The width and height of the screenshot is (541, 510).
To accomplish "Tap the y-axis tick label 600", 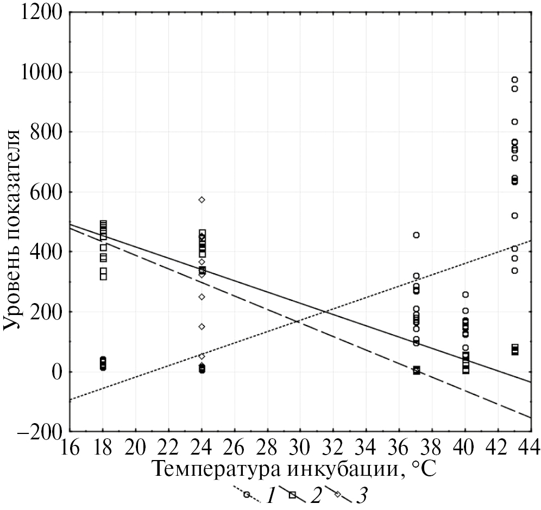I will (46, 192).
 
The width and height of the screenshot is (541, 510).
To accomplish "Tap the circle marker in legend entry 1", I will (247, 495).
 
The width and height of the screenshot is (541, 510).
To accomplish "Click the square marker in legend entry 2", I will (292, 495).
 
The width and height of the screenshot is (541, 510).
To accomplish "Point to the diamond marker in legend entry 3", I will (337, 495).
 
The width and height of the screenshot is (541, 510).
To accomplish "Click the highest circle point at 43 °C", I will (514, 80).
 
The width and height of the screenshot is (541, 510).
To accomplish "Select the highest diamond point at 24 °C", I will (202, 200).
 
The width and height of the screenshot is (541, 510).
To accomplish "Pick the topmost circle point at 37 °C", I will (416, 235).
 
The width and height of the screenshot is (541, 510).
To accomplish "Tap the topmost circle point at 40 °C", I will (465, 294).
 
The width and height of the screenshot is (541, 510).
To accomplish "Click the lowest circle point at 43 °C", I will (514, 270).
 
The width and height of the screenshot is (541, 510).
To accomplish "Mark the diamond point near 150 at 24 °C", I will (202, 327).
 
